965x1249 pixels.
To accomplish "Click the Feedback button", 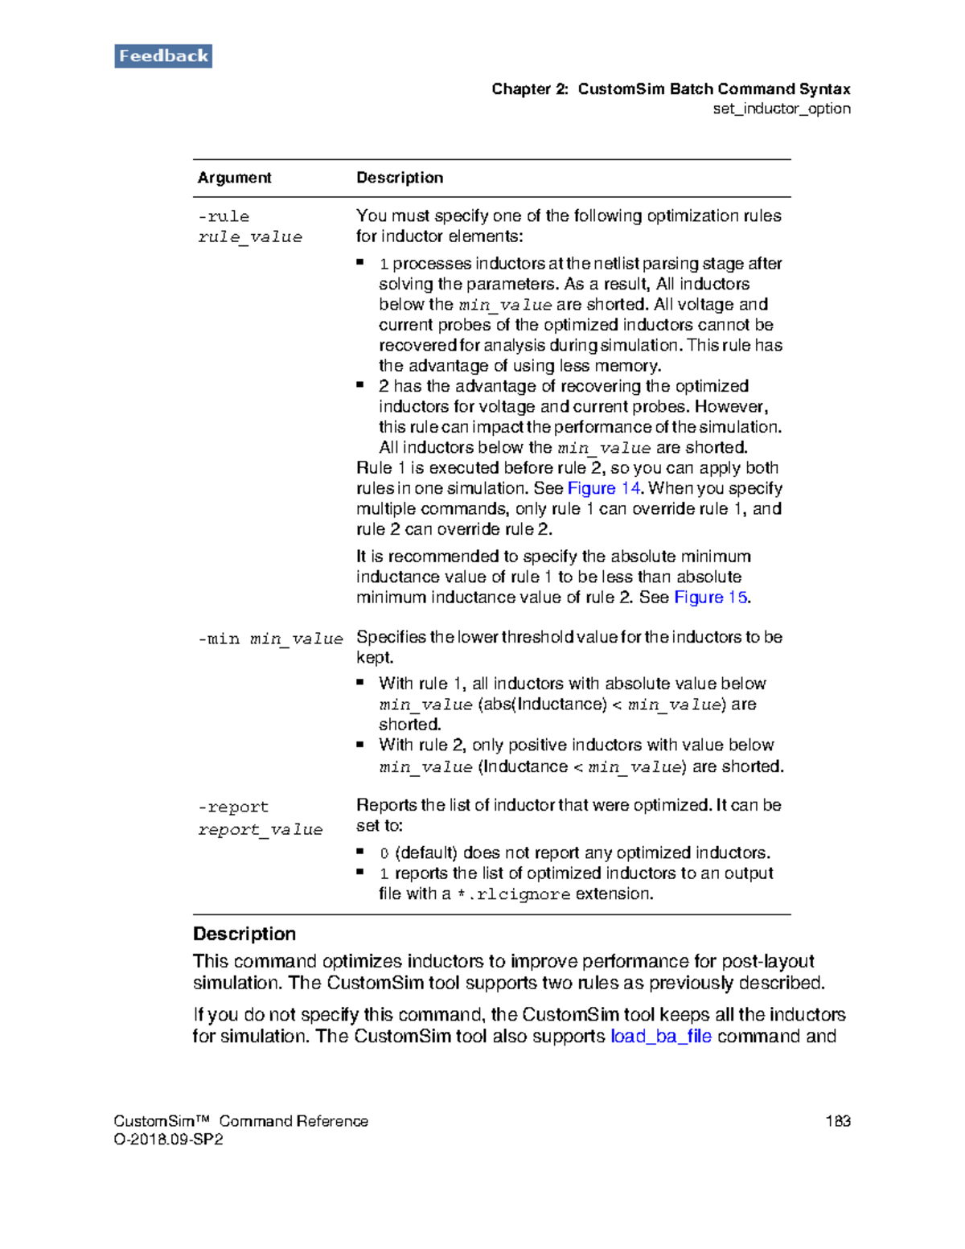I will pyautogui.click(x=163, y=56).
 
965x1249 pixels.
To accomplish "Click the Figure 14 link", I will pyautogui.click(x=603, y=488).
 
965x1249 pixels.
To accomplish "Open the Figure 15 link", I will pyautogui.click(x=710, y=597).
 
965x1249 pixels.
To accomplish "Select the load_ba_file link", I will pyautogui.click(x=660, y=1036).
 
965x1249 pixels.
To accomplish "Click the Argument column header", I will pyautogui.click(x=234, y=178).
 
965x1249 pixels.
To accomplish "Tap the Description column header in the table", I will pyautogui.click(x=400, y=178).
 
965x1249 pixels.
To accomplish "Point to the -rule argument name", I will pyautogui.click(x=224, y=216).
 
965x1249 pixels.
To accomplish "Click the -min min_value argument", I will pyautogui.click(x=270, y=639).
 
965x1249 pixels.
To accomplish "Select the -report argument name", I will pyautogui.click(x=233, y=807).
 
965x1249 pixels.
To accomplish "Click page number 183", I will pyautogui.click(x=837, y=1120).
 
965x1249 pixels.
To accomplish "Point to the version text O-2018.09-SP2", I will pyautogui.click(x=168, y=1140).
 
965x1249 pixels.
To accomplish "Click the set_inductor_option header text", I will pyautogui.click(x=781, y=109).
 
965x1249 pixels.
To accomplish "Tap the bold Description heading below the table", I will pyautogui.click(x=244, y=934).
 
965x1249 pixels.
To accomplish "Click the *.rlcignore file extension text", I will pyautogui.click(x=513, y=894).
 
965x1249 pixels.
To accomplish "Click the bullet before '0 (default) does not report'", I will pyautogui.click(x=360, y=850).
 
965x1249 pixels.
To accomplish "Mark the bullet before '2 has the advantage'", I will pyautogui.click(x=360, y=384).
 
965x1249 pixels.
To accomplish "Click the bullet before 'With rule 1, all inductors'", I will pyautogui.click(x=360, y=682).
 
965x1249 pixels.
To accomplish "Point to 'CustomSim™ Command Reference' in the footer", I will pyautogui.click(x=240, y=1120).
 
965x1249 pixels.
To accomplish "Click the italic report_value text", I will pyautogui.click(x=261, y=829).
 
